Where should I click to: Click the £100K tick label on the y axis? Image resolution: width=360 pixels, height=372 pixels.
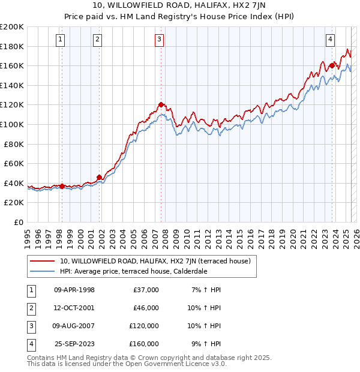(x=12, y=124)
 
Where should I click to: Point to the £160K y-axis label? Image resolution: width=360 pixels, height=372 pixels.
(x=12, y=65)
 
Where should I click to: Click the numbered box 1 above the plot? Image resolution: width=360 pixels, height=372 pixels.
(x=61, y=40)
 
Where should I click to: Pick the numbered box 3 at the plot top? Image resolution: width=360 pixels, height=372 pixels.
(x=159, y=40)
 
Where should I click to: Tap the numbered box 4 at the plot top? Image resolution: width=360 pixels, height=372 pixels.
(x=331, y=40)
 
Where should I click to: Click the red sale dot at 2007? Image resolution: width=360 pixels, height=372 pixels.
(x=161, y=104)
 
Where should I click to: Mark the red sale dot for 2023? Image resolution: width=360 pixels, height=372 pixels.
(x=332, y=65)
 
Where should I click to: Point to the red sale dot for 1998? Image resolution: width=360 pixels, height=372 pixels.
(x=62, y=186)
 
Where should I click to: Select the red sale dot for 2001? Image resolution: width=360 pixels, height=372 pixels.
(x=99, y=177)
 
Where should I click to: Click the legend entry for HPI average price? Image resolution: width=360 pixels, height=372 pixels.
(x=133, y=271)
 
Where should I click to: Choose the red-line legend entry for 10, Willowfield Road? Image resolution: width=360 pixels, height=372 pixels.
(x=158, y=261)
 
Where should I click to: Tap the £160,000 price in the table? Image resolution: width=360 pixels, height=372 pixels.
(x=144, y=344)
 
